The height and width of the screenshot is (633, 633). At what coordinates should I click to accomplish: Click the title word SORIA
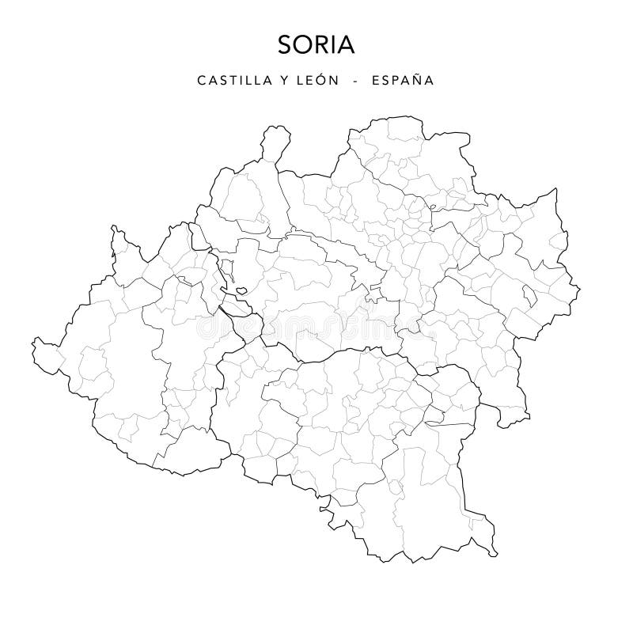(x=316, y=45)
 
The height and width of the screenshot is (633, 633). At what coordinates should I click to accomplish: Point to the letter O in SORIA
(x=303, y=45)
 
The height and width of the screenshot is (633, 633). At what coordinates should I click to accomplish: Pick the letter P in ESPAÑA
(x=388, y=81)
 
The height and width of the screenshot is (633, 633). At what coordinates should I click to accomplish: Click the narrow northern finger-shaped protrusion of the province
(x=274, y=142)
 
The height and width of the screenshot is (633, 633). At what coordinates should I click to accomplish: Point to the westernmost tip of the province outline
(x=34, y=343)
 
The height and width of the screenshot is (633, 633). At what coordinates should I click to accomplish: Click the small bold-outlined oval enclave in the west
(x=240, y=290)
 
